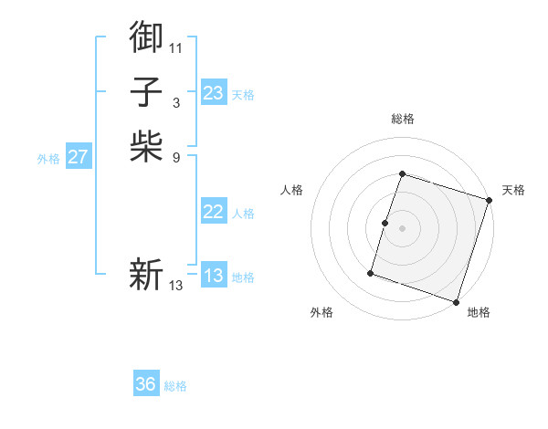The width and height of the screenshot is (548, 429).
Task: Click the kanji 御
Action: (x=146, y=36)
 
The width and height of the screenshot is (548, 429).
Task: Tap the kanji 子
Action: (x=146, y=91)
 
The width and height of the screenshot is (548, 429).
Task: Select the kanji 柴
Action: (x=146, y=146)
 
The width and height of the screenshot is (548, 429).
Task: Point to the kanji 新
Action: (x=146, y=274)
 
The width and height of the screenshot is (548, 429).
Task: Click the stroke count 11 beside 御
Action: (x=176, y=47)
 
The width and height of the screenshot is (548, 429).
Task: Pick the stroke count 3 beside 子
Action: (x=176, y=102)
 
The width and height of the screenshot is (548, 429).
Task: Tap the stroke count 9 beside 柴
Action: (x=176, y=157)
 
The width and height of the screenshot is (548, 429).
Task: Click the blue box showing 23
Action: (x=214, y=93)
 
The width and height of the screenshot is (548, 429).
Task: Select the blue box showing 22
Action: (x=214, y=212)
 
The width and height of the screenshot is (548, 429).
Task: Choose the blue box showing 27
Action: (x=79, y=157)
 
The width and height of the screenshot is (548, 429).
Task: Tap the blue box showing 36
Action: (x=146, y=384)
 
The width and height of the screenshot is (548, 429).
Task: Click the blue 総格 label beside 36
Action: (x=175, y=386)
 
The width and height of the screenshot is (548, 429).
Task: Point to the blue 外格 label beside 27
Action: (x=48, y=159)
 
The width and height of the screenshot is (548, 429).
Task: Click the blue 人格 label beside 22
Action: (x=243, y=214)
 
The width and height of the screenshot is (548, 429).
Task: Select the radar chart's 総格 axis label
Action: (x=402, y=119)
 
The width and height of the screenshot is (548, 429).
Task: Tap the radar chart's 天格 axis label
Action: (x=513, y=190)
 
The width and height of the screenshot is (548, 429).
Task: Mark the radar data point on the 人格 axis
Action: (x=385, y=223)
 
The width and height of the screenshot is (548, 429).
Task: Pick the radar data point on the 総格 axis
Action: (x=402, y=173)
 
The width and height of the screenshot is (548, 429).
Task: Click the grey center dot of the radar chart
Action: (x=402, y=228)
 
